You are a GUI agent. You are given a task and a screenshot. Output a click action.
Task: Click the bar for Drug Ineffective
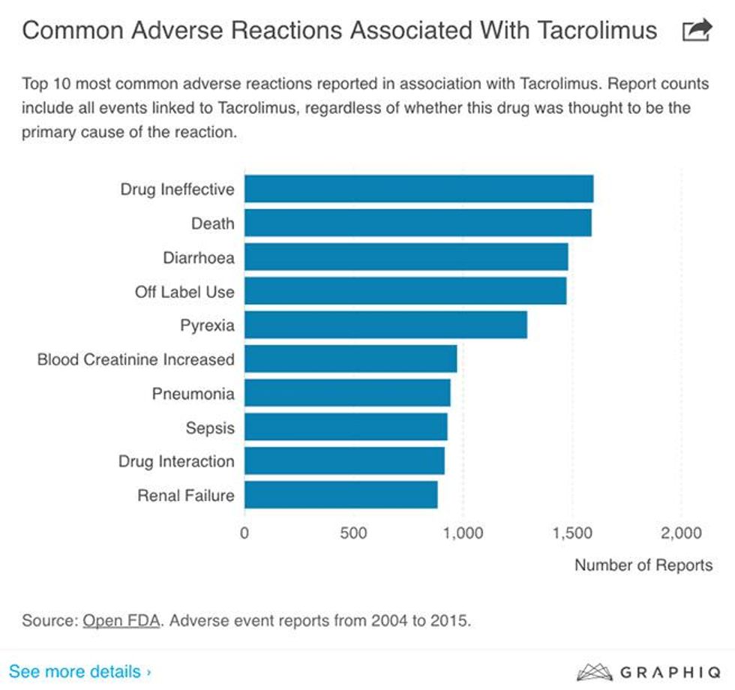418,189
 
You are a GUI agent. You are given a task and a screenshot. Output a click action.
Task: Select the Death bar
418,223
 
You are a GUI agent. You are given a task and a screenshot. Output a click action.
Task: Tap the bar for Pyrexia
385,325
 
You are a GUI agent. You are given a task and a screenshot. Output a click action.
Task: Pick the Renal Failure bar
340,495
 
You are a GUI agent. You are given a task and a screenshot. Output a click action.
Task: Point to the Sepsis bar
346,427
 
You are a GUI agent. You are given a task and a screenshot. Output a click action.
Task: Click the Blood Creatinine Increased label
136,360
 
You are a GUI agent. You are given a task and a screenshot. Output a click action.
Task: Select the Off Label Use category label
184,292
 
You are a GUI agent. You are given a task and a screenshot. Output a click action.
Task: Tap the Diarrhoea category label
199,258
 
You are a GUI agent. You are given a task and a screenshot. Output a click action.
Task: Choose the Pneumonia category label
193,394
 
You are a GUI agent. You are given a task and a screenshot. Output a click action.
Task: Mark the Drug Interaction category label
176,461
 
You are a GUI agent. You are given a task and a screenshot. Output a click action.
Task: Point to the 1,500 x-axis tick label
571,533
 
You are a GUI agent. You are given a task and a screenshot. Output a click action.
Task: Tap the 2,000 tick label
681,533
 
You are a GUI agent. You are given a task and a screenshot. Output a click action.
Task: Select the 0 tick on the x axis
244,533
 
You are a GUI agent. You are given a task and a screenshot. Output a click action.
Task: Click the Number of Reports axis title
643,565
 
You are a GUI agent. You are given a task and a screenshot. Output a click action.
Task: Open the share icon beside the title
697,31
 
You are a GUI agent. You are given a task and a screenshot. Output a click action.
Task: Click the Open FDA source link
121,621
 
